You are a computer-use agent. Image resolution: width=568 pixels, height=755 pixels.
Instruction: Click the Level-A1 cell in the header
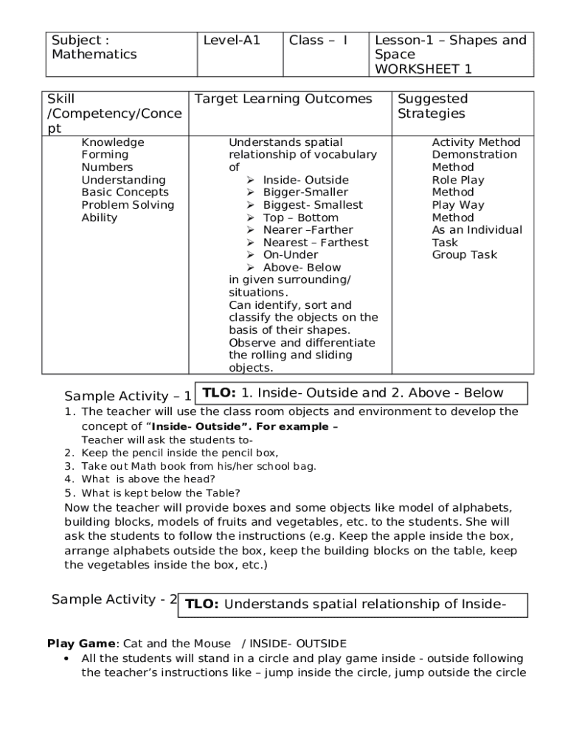click(232, 41)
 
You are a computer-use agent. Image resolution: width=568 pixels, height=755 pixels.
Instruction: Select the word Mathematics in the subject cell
click(94, 55)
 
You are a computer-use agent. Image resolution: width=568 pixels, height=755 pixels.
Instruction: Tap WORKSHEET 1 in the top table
click(423, 69)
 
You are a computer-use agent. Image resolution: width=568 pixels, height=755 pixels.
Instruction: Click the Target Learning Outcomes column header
click(283, 99)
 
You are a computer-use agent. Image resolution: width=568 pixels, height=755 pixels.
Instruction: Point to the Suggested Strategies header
click(432, 106)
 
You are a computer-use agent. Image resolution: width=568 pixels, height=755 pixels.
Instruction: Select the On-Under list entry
click(291, 255)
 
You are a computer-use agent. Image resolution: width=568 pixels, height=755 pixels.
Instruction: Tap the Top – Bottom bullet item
click(300, 218)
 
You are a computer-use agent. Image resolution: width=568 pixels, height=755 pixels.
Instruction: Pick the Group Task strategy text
click(464, 255)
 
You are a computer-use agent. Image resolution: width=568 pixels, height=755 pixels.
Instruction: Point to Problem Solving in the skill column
click(128, 205)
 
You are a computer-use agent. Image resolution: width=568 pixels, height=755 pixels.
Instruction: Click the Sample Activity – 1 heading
click(128, 396)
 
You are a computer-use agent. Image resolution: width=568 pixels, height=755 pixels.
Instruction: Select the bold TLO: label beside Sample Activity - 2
click(201, 605)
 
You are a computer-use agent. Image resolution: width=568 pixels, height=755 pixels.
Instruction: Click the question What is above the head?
click(148, 479)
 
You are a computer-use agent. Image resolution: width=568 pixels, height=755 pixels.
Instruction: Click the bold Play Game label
click(81, 644)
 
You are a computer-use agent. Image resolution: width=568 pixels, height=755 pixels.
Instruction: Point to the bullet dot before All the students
click(67, 658)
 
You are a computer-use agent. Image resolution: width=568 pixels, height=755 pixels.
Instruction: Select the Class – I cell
click(318, 41)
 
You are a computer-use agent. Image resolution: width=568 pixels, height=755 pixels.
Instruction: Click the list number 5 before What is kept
click(68, 493)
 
